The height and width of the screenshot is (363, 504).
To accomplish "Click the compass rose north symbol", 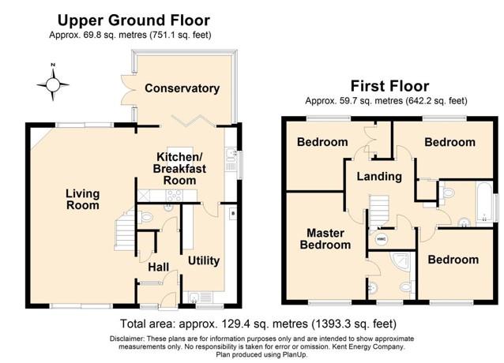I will (x=53, y=81).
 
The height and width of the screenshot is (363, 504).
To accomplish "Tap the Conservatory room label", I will (x=182, y=88).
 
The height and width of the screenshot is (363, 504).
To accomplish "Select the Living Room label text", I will (x=82, y=199).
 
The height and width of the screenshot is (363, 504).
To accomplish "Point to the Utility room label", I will (x=203, y=260).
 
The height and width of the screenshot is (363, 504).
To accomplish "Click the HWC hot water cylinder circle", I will (x=382, y=237).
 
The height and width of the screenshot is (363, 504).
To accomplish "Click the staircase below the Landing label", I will (x=381, y=210).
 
